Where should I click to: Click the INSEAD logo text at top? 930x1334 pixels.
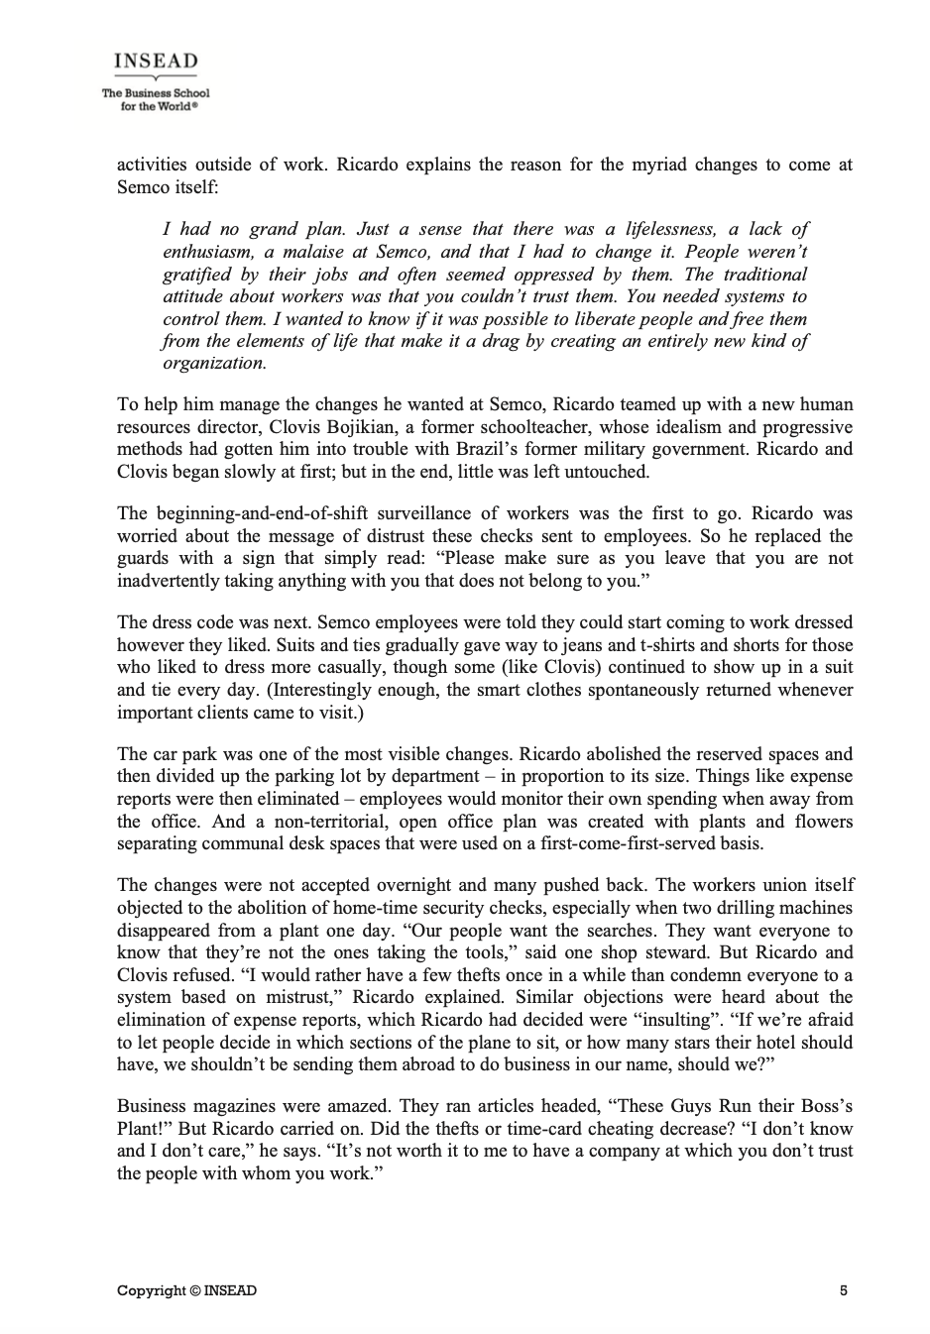156,61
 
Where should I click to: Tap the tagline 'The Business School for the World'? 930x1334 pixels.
156,99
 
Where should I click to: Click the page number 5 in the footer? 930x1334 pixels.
844,1289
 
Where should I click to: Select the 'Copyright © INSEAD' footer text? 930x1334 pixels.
186,1289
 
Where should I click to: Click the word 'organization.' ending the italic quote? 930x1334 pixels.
214,363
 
